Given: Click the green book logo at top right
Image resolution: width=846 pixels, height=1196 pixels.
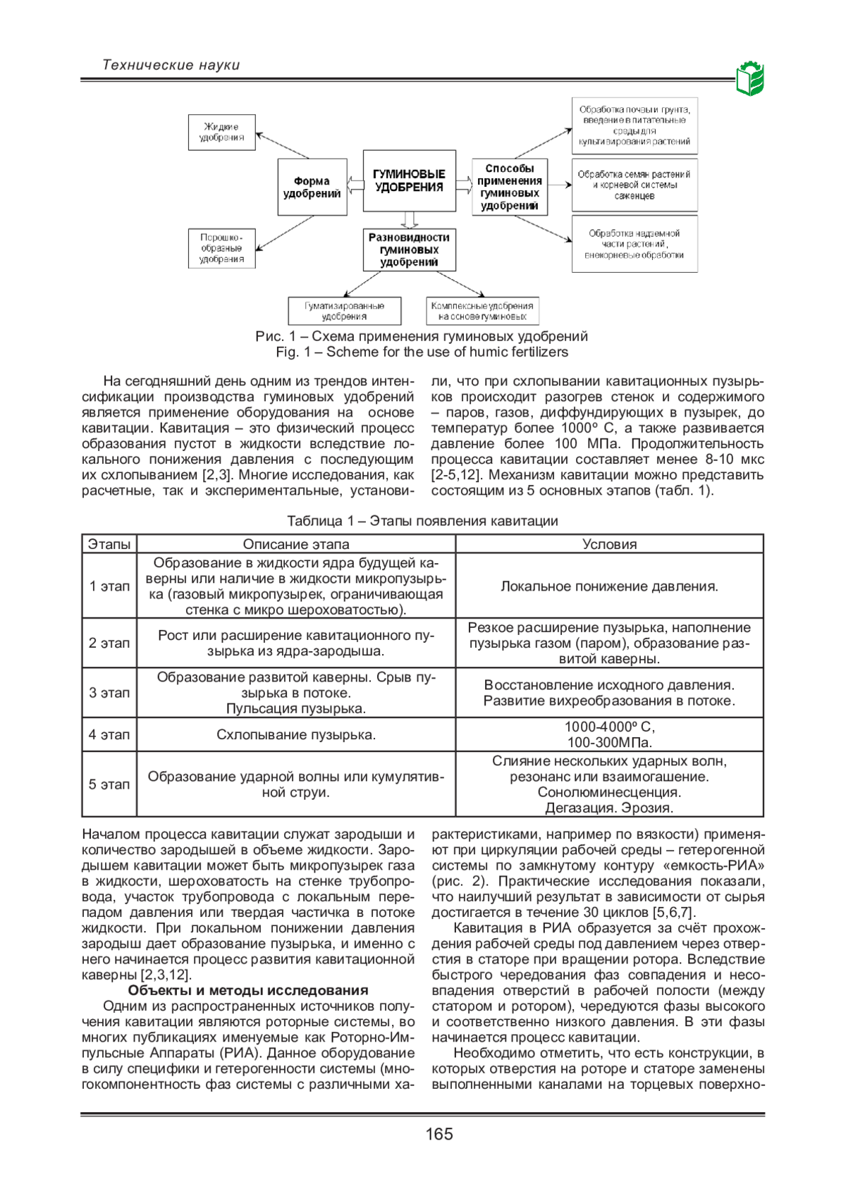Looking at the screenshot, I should (x=750, y=78).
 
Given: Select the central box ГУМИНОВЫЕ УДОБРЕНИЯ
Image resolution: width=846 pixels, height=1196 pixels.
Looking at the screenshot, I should (x=409, y=180).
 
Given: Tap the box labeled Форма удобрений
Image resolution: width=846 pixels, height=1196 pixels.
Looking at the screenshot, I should (x=312, y=187).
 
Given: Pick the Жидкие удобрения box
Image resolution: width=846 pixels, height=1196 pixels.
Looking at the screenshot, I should (x=221, y=132).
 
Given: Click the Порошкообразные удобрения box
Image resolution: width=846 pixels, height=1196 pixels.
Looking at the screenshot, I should (x=221, y=248).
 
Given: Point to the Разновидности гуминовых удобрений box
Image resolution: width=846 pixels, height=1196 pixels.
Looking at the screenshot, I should (x=409, y=249).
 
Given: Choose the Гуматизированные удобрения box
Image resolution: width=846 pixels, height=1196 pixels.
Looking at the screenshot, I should (x=344, y=311).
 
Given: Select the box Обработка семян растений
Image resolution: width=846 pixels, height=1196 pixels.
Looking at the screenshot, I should (x=634, y=185).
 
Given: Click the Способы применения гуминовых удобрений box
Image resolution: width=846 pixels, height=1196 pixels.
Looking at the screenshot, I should (x=509, y=187).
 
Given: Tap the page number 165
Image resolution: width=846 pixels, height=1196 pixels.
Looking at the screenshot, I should (x=439, y=1134).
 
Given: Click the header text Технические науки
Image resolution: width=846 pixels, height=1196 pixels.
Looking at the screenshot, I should (x=171, y=65).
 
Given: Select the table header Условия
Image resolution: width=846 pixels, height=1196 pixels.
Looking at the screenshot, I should (x=609, y=544).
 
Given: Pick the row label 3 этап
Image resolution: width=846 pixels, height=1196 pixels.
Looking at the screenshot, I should (x=109, y=693).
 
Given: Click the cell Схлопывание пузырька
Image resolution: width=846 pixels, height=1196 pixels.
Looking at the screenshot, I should (x=295, y=734).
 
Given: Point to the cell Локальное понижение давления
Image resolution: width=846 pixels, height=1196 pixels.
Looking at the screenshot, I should (x=609, y=586).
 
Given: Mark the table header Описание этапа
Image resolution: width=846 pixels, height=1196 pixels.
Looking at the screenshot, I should (x=295, y=544).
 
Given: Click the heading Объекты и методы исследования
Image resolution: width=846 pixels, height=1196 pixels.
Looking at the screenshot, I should (x=248, y=990).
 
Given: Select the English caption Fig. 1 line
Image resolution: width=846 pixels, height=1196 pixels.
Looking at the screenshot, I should (x=422, y=352).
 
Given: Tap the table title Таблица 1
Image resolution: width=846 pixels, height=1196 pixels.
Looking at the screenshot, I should (x=422, y=521).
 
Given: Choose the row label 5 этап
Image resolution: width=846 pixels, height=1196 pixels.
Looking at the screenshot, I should (x=109, y=784).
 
